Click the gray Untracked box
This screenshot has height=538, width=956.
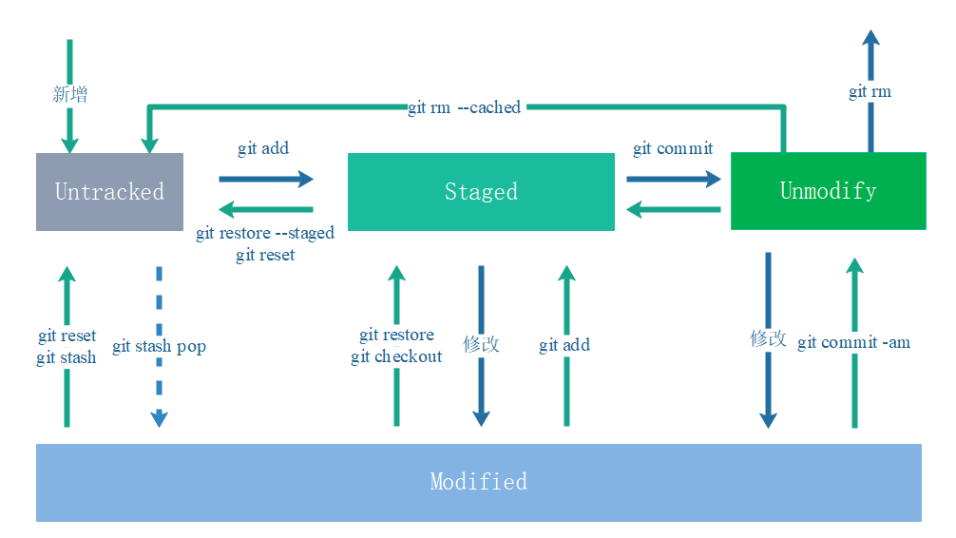109,191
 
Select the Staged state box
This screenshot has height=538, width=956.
481,191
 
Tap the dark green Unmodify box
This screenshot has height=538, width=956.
828,190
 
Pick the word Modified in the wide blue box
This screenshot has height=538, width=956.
478,481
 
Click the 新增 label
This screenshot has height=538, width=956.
69,93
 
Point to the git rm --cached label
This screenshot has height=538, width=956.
464,107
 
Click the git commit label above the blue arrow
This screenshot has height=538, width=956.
673,148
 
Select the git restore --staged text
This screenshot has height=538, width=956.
265,233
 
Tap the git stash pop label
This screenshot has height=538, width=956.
159,346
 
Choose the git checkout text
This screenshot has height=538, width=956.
396,356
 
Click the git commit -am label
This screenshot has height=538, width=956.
853,342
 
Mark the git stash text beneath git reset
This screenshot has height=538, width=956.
67,357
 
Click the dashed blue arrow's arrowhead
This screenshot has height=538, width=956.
159,418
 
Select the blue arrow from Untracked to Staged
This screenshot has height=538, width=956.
266,178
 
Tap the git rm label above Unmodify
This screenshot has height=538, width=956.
870,91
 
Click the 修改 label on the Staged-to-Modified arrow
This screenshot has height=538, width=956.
481,344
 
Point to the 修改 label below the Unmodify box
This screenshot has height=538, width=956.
768,338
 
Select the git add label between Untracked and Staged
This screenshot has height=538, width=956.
263,148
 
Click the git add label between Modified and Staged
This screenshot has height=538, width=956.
564,345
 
